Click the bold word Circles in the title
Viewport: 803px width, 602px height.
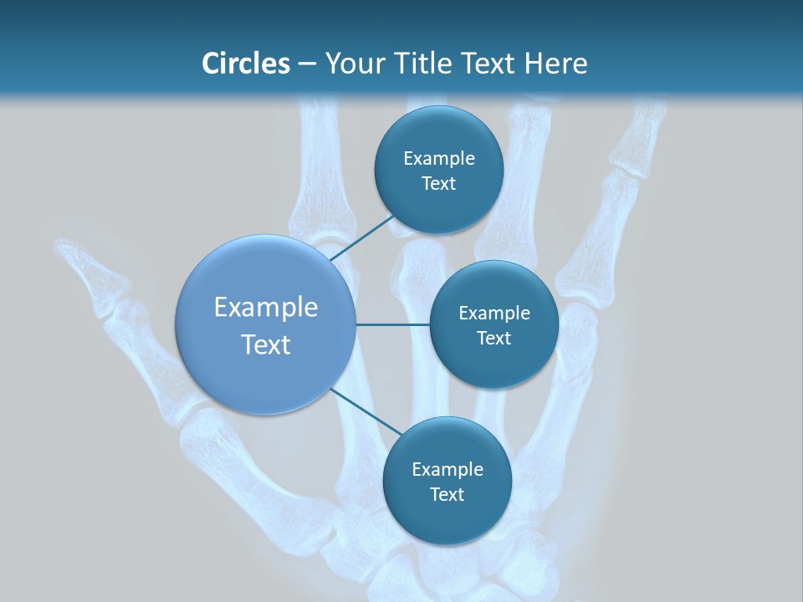pyautogui.click(x=245, y=63)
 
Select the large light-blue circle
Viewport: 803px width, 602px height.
pyautogui.click(x=265, y=324)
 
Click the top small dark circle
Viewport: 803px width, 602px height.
pyautogui.click(x=438, y=170)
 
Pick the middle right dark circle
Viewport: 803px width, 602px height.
pyautogui.click(x=494, y=324)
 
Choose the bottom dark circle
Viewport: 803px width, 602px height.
pyautogui.click(x=447, y=481)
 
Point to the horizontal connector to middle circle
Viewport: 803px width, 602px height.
pyautogui.click(x=392, y=324)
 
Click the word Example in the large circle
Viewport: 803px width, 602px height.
pyautogui.click(x=265, y=307)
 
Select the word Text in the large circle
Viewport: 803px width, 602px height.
pyautogui.click(x=265, y=344)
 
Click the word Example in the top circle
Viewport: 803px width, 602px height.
pyautogui.click(x=438, y=158)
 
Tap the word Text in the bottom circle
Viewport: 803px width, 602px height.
pyautogui.click(x=447, y=494)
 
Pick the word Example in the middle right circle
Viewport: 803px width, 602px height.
pyautogui.click(x=494, y=313)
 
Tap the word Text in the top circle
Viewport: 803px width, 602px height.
pyautogui.click(x=438, y=183)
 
